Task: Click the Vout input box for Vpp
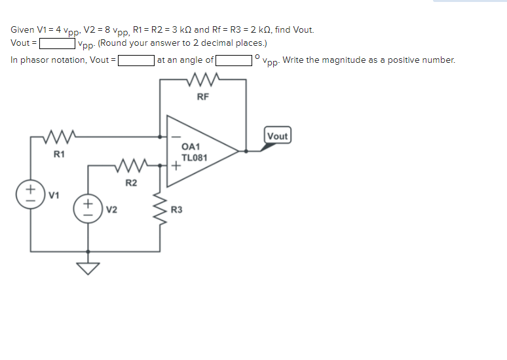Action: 58,45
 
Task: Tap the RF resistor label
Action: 203,97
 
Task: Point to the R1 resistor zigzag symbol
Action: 60,137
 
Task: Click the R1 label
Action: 59,154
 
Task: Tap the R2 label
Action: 131,182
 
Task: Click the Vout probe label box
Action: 277,136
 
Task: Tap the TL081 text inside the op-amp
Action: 194,158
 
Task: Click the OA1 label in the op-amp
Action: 191,148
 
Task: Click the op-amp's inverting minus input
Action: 175,137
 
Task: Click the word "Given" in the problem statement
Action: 22,29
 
